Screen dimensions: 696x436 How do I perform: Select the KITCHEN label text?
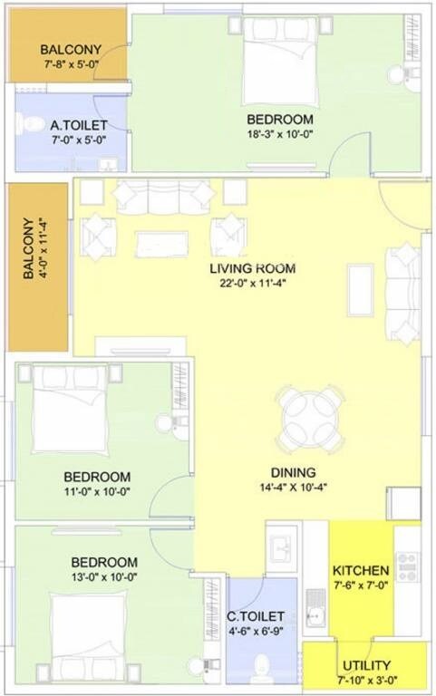361,571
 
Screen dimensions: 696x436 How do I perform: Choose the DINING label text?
293,472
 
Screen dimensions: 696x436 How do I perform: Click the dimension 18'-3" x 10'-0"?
280,135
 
